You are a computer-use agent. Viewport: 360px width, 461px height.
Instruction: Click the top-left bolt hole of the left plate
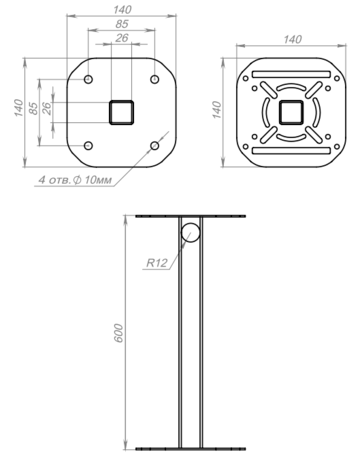click(x=88, y=79)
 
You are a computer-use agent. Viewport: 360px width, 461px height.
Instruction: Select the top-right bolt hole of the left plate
click(x=154, y=79)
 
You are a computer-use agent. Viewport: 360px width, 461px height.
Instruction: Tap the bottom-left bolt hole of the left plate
click(x=88, y=146)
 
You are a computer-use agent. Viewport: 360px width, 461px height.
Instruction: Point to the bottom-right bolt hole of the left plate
click(x=154, y=146)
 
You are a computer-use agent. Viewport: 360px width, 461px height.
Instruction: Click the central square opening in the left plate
click(x=121, y=112)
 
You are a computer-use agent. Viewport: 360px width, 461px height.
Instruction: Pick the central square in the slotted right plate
click(x=291, y=112)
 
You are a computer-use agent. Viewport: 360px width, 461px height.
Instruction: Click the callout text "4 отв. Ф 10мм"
click(x=75, y=180)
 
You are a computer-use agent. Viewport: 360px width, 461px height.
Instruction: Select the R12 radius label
click(x=157, y=263)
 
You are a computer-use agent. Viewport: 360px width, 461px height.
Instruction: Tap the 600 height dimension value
click(x=118, y=333)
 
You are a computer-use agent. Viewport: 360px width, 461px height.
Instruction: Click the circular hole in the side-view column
click(x=191, y=233)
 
